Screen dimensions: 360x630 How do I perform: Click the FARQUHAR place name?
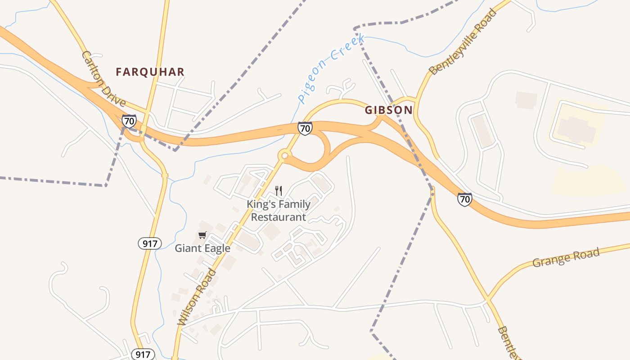coord(150,72)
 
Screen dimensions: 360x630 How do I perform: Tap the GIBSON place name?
coord(389,110)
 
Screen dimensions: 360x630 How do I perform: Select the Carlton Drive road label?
coord(103,79)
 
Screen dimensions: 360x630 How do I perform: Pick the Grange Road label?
coord(566,257)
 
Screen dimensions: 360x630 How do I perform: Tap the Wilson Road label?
coord(197,297)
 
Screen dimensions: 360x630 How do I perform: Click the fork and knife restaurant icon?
coord(279,191)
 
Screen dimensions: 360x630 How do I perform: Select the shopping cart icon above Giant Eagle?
coord(202,235)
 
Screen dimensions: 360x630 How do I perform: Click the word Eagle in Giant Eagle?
coord(216,248)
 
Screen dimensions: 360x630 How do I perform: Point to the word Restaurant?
coord(279,217)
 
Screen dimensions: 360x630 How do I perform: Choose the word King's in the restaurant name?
coord(261,205)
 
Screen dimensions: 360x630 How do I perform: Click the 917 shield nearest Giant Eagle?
coord(149,244)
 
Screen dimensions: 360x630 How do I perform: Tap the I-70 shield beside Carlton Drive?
coord(129,121)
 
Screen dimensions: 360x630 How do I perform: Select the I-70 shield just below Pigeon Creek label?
coord(305,128)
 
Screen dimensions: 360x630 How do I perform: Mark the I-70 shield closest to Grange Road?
coord(465,199)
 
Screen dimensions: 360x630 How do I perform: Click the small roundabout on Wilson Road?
coord(284,156)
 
